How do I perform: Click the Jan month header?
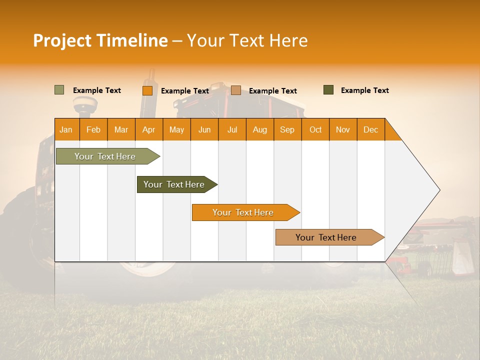click(66, 129)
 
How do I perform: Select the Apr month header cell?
click(149, 129)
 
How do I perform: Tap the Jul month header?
click(232, 129)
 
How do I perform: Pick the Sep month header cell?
click(287, 129)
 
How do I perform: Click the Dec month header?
click(370, 129)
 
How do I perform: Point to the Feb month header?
click(93, 129)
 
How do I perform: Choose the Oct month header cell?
click(315, 129)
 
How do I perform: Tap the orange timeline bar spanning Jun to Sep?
click(243, 212)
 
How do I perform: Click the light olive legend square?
click(59, 90)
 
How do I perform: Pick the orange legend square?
click(147, 90)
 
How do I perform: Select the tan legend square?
click(236, 90)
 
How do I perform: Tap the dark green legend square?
click(328, 90)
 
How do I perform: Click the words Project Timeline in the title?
click(100, 40)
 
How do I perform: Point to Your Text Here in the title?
click(247, 40)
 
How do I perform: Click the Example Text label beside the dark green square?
click(364, 90)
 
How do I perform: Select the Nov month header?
click(343, 129)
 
